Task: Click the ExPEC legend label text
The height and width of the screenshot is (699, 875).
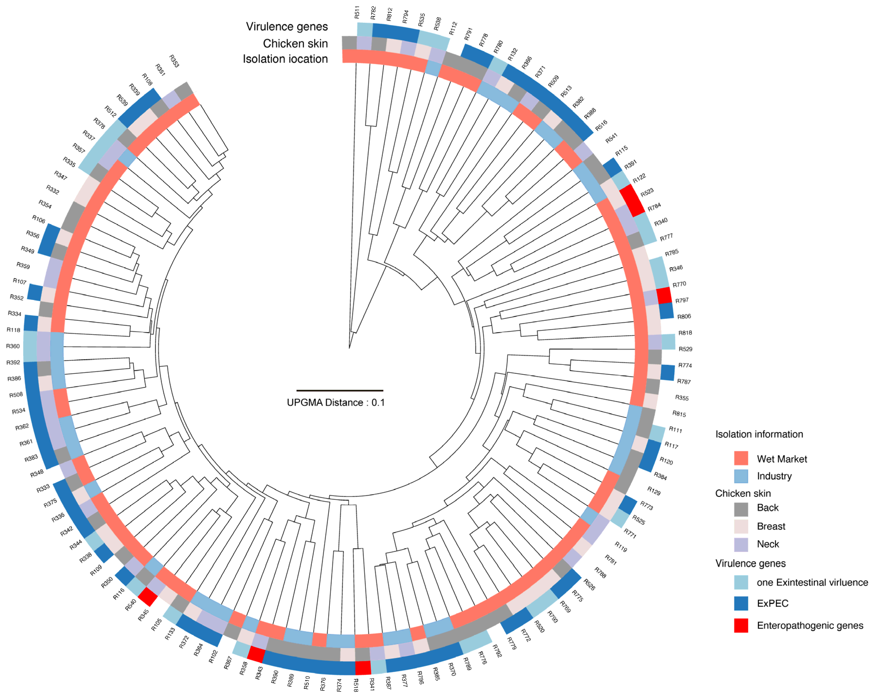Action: pos(772,603)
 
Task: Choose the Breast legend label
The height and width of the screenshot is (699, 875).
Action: pos(771,526)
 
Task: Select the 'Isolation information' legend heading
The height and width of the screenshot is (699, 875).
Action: pos(759,434)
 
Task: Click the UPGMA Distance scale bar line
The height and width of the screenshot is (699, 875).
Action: pos(340,391)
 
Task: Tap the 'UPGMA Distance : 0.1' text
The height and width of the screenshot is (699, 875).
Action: pos(336,403)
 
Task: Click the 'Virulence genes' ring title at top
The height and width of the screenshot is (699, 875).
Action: pos(287,27)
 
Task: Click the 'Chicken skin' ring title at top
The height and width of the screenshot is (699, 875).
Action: pos(295,43)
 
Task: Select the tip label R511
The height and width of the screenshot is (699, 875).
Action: pos(357,12)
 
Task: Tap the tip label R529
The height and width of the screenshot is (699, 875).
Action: pos(685,349)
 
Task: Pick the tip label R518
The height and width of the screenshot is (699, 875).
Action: pos(356,685)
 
